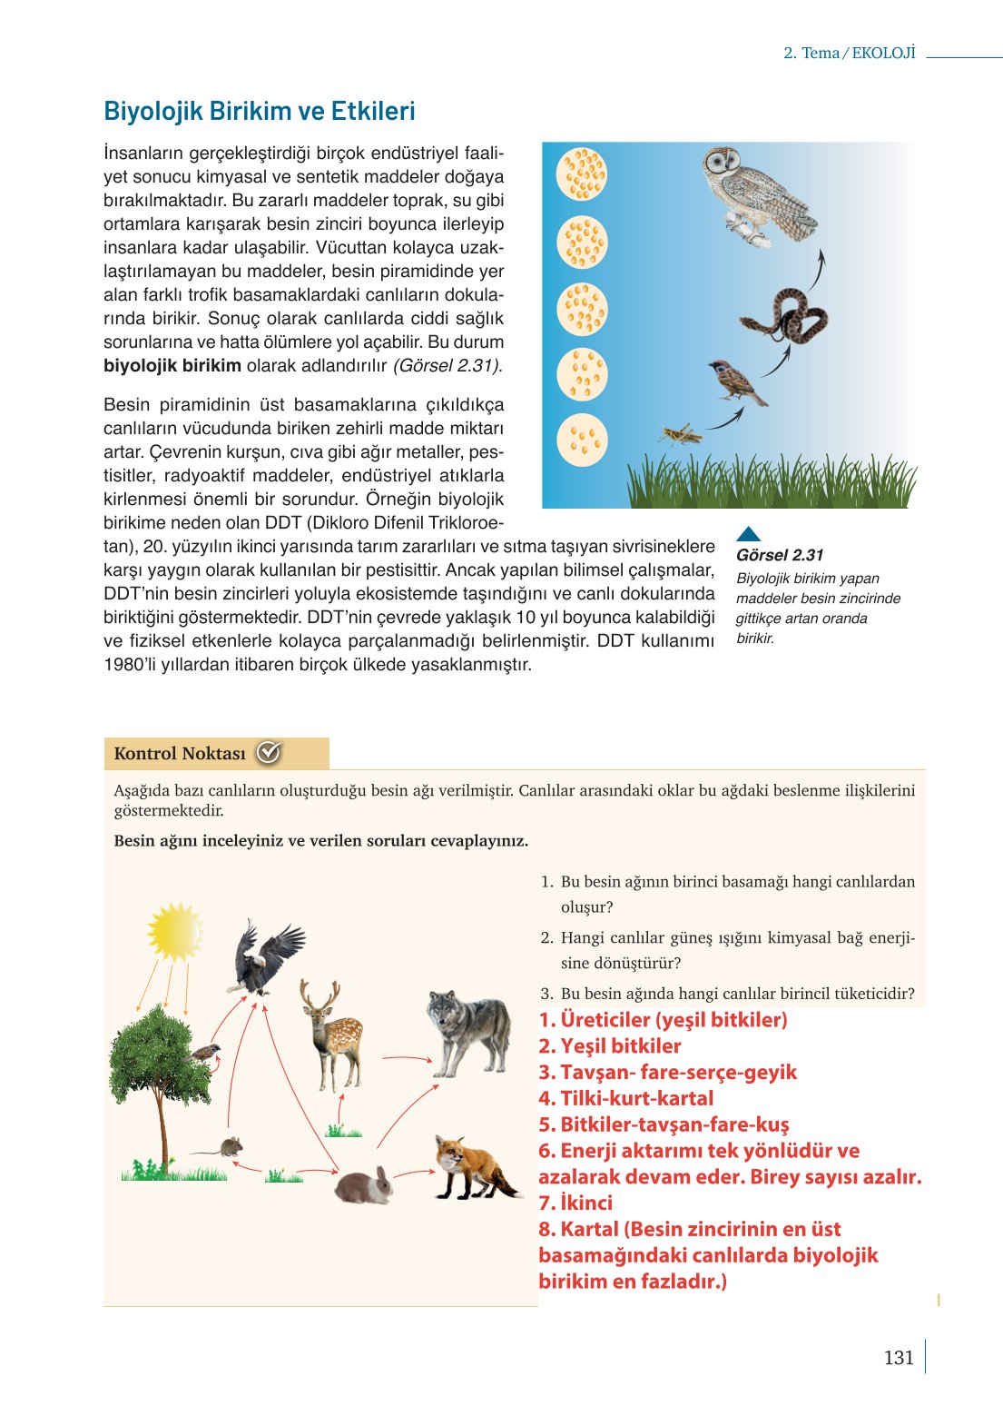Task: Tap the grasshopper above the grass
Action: tap(681, 433)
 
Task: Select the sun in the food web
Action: tap(174, 931)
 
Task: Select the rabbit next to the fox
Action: tap(365, 1184)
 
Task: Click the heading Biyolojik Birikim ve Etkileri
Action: tap(260, 111)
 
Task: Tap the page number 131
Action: tap(899, 1357)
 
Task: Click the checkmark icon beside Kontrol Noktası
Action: tap(269, 752)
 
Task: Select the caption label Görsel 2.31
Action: tap(780, 555)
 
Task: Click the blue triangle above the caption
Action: tap(749, 534)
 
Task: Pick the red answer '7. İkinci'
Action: tap(575, 1203)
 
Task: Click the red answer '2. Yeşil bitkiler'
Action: tap(609, 1045)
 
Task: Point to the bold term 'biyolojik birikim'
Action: tap(172, 366)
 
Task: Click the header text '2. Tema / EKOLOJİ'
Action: tap(850, 53)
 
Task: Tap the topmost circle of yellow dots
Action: tap(582, 173)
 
